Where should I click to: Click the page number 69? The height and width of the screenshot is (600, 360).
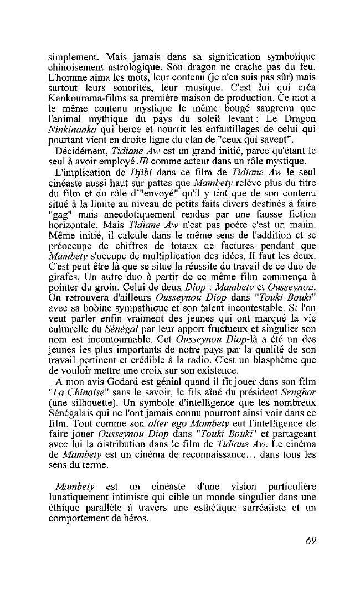click(x=310, y=541)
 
